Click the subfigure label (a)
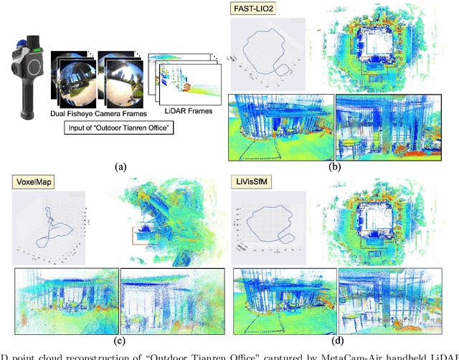click(120, 166)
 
